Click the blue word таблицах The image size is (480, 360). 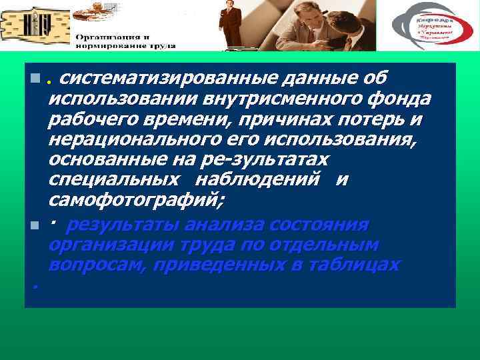[x=351, y=265]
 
